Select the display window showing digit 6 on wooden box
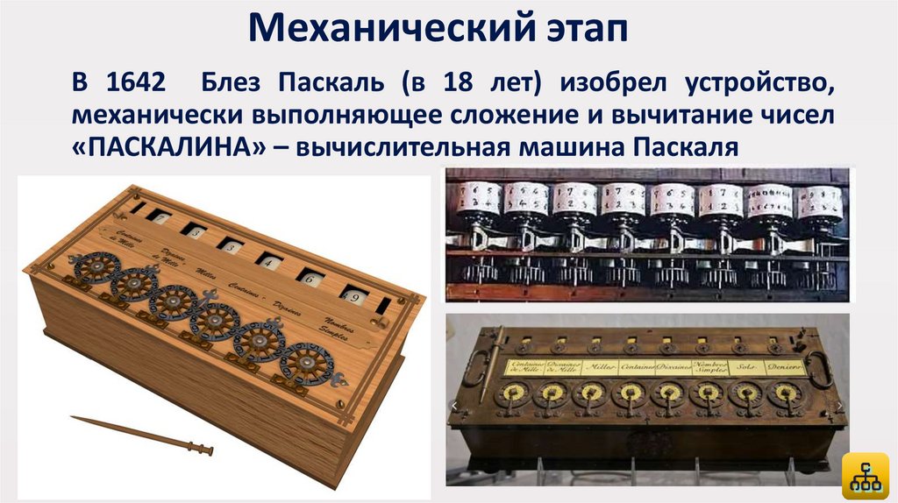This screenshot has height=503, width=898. pos(308,277)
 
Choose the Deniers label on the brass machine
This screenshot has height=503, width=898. pos(784,369)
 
